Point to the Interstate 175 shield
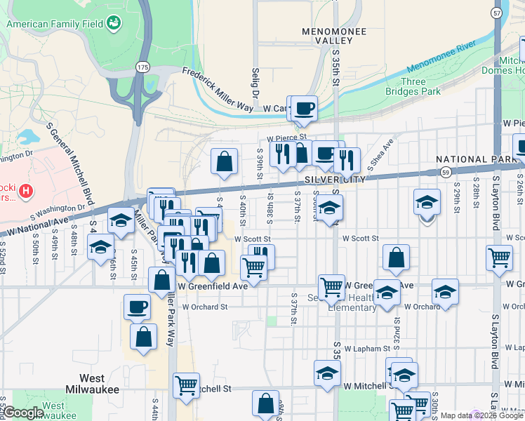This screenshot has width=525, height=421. coord(142,66)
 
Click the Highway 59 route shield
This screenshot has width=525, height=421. coord(445,171)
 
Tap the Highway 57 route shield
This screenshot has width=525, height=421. coord(497,13)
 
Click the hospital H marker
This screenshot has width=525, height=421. coord(25,189)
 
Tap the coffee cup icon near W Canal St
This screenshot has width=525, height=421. coord(305,108)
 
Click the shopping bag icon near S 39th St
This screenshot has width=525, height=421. coord(223,161)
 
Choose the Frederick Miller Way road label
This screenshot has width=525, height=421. coord(217,90)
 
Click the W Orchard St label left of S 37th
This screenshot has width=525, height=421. coord(205,307)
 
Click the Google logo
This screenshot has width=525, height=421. coord(23,413)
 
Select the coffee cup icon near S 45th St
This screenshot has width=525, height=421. coord(137,307)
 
